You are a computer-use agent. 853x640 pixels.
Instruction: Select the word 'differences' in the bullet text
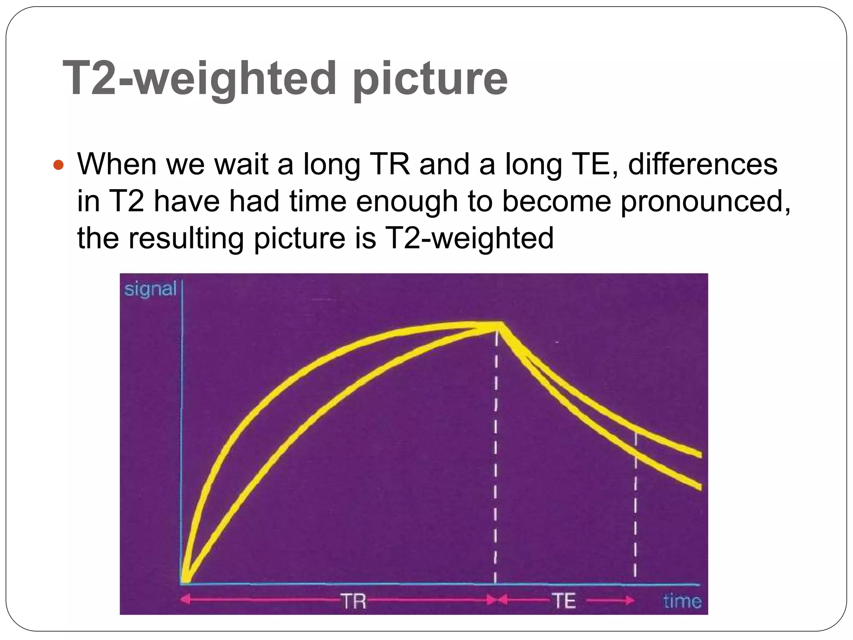pos(703,164)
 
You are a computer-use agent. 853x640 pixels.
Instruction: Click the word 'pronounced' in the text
pos(705,201)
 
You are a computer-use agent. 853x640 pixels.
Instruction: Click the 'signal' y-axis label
pos(150,289)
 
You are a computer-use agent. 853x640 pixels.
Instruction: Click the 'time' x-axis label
pos(682,601)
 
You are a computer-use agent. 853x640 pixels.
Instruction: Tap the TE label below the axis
pos(564,601)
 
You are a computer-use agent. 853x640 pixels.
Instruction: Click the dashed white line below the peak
pos(495,458)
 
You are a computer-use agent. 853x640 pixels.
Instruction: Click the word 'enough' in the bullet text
pos(407,201)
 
